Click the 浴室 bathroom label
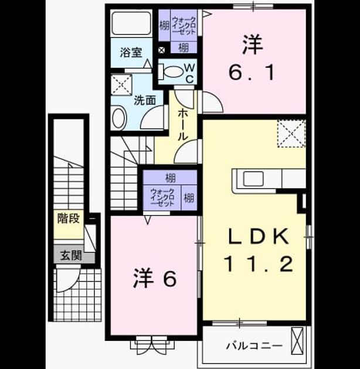131,52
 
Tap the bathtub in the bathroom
131,23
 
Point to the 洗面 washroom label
145,100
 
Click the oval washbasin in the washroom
120,118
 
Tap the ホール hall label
182,125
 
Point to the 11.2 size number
259,264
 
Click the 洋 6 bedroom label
155,279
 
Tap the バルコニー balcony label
254,346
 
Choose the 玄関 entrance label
71,255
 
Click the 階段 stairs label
69,218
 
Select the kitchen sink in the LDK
253,179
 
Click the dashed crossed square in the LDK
291,134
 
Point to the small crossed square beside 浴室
161,50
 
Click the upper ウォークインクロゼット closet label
184,25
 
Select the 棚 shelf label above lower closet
171,177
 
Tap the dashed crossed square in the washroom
121,85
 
